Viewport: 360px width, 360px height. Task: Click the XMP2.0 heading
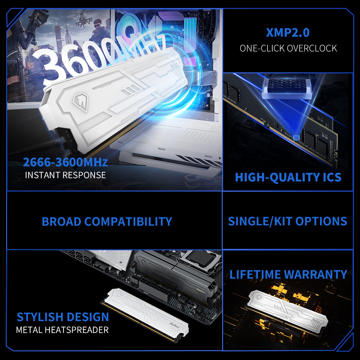(x=288, y=33)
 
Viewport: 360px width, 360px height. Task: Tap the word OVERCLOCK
(x=312, y=49)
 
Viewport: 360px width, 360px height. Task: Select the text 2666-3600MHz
(x=66, y=162)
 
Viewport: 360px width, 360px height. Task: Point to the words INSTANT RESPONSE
(x=66, y=175)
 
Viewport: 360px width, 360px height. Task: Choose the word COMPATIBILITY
(x=128, y=221)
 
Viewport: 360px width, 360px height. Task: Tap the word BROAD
(x=62, y=221)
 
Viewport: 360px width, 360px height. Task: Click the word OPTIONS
(x=321, y=221)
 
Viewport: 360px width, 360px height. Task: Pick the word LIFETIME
(x=255, y=274)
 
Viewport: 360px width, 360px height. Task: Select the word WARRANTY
(x=316, y=274)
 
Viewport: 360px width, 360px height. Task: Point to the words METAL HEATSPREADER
(x=62, y=330)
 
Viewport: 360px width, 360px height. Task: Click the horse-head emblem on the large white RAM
(x=80, y=102)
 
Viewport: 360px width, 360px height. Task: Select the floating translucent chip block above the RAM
(x=287, y=88)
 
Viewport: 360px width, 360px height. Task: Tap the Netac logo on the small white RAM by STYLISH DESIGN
(x=174, y=325)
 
